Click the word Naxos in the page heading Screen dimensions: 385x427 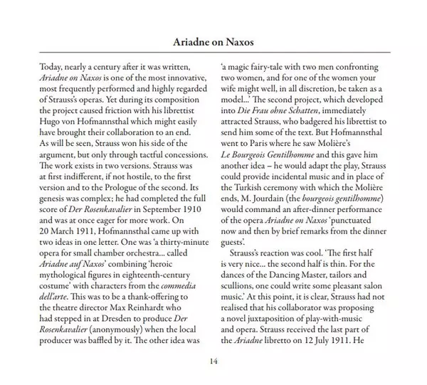[238, 42]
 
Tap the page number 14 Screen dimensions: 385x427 [213, 361]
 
